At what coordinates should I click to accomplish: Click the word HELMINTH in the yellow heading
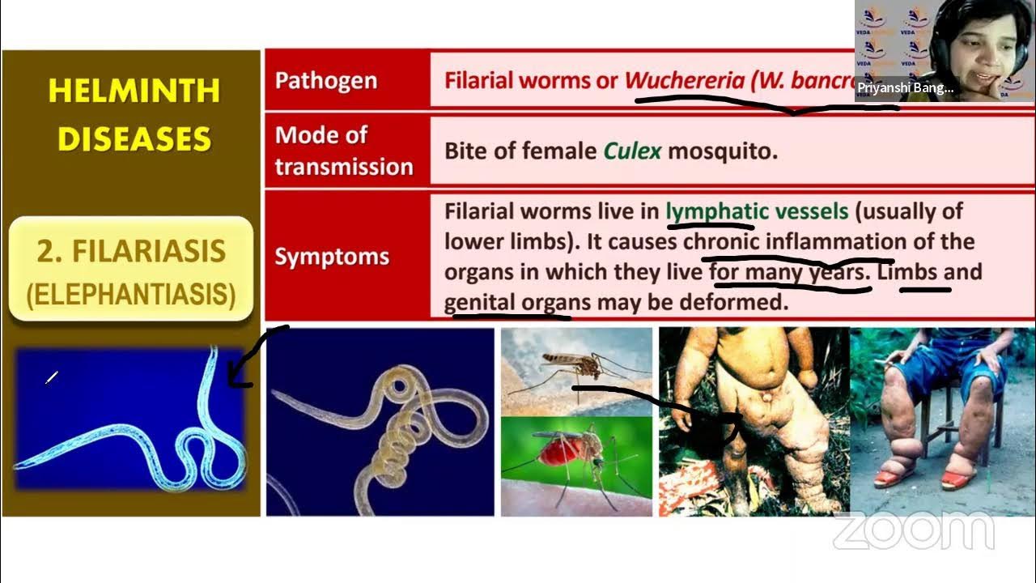(134, 90)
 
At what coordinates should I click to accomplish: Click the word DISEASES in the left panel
(134, 138)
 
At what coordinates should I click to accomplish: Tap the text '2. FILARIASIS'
(131, 251)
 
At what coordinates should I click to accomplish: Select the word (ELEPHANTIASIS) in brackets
(131, 294)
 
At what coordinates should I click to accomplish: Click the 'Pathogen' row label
(325, 81)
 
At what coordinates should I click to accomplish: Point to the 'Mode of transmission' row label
(343, 151)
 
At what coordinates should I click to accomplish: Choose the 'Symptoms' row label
(332, 257)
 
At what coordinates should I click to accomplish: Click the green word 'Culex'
(632, 151)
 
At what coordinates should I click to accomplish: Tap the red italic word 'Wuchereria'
(685, 81)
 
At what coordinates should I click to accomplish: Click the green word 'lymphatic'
(716, 212)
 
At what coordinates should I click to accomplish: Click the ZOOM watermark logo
(913, 530)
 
